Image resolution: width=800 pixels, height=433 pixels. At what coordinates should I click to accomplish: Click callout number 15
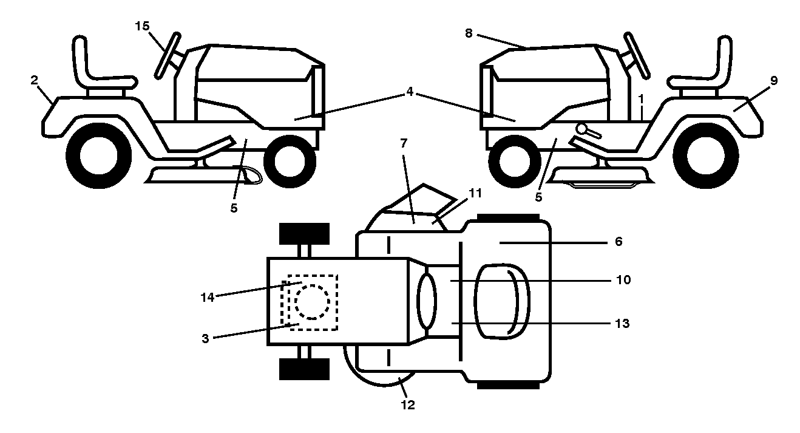(142, 26)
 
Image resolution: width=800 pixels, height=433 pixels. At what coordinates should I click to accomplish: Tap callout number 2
(34, 80)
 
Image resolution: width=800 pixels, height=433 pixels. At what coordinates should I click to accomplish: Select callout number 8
(469, 33)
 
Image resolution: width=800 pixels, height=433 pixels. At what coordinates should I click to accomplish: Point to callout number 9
(774, 81)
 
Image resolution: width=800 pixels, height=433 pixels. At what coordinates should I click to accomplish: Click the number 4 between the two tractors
(410, 92)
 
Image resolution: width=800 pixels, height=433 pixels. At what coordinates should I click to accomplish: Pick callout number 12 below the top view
(408, 405)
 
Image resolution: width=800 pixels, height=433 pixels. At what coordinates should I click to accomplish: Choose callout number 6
(619, 242)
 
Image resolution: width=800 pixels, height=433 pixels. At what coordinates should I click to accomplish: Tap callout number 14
(207, 297)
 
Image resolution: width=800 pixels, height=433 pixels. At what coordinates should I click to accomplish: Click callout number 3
(205, 339)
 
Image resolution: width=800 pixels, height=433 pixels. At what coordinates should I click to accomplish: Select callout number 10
(623, 280)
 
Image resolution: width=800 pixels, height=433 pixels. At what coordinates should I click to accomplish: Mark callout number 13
(622, 323)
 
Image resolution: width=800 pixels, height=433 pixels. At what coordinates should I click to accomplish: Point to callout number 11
(475, 193)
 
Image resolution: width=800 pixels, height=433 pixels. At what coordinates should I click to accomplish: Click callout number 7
(404, 143)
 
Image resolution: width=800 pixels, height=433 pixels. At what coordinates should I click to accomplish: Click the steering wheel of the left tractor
(167, 55)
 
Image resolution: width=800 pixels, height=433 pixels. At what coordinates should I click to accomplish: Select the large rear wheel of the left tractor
(99, 155)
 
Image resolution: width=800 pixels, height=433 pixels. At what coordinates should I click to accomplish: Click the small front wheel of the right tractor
(514, 162)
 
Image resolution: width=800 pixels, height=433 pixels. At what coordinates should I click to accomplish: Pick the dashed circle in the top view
(312, 302)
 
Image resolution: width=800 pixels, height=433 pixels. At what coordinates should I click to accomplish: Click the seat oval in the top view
(502, 302)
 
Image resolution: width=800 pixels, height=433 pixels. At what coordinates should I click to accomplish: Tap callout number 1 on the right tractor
(641, 98)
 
